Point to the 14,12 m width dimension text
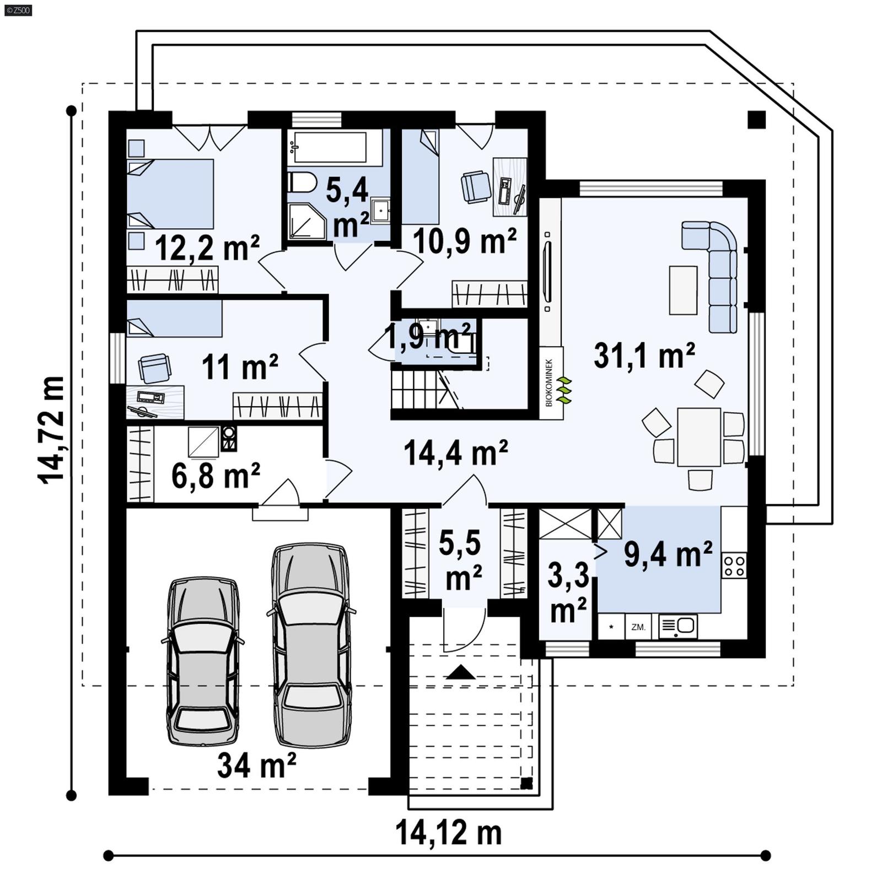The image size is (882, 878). click(448, 833)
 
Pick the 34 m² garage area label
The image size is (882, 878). click(256, 766)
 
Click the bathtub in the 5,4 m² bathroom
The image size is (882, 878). click(330, 147)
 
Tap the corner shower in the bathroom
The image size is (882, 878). click(305, 220)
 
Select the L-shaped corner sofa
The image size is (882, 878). click(717, 270)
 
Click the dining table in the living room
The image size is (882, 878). click(699, 437)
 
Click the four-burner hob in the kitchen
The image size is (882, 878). click(734, 565)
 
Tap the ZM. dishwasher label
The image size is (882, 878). click(638, 627)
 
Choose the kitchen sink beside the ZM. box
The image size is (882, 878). click(679, 626)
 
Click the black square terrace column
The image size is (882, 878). click(756, 120)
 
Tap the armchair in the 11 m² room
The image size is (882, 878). click(154, 368)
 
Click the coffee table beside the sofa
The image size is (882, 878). click(683, 290)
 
